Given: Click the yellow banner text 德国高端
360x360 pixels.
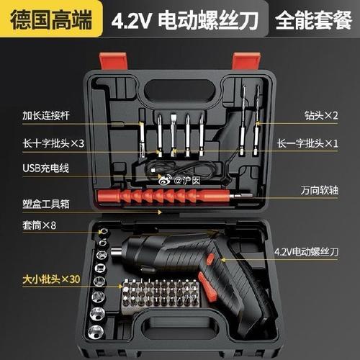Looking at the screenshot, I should coord(50,17).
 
